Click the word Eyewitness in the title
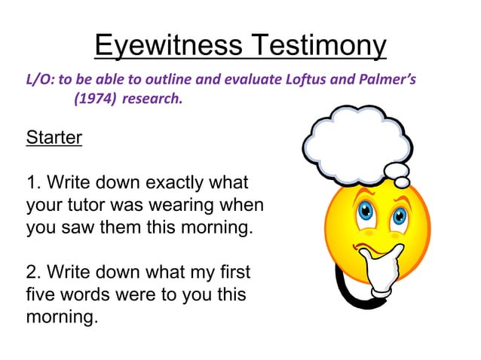pyautogui.click(x=167, y=47)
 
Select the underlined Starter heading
pyautogui.click(x=54, y=139)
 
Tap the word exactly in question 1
pyautogui.click(x=179, y=183)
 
